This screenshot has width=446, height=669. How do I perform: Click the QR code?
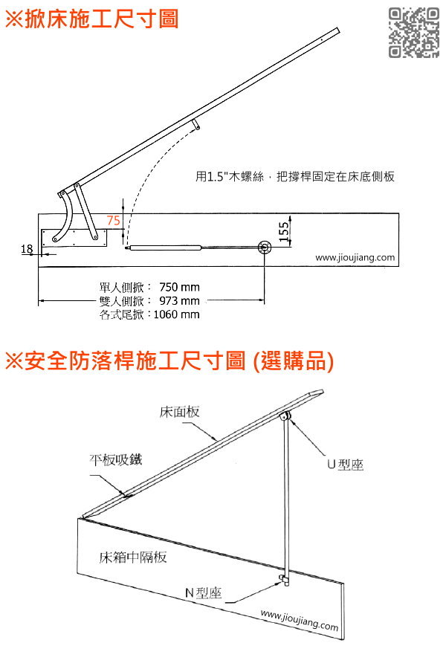[x=413, y=33]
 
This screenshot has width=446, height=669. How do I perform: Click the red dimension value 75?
[x=113, y=220]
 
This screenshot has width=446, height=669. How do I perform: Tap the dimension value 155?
[x=284, y=232]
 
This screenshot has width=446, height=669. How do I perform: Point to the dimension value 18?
[x=27, y=248]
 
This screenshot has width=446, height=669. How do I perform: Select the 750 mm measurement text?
[x=179, y=287]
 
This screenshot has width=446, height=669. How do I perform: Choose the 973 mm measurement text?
[x=179, y=300]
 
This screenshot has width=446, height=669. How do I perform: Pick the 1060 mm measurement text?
[x=176, y=314]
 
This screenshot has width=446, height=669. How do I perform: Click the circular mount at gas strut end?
[x=265, y=247]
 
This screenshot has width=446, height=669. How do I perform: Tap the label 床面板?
[x=179, y=411]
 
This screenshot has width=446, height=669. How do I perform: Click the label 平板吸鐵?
[x=115, y=459]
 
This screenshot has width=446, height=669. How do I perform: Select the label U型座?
[x=345, y=464]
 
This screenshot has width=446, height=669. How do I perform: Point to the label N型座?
[x=204, y=592]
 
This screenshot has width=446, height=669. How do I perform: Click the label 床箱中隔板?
[x=133, y=557]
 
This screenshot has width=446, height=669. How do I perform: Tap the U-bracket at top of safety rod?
[x=285, y=416]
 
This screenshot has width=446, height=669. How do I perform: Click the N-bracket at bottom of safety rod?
[x=284, y=579]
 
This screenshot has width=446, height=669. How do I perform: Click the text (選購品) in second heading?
[x=293, y=361]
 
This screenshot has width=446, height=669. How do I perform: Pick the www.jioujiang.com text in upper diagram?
[x=355, y=258]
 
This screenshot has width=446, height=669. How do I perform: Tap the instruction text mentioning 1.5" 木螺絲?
[x=295, y=176]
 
